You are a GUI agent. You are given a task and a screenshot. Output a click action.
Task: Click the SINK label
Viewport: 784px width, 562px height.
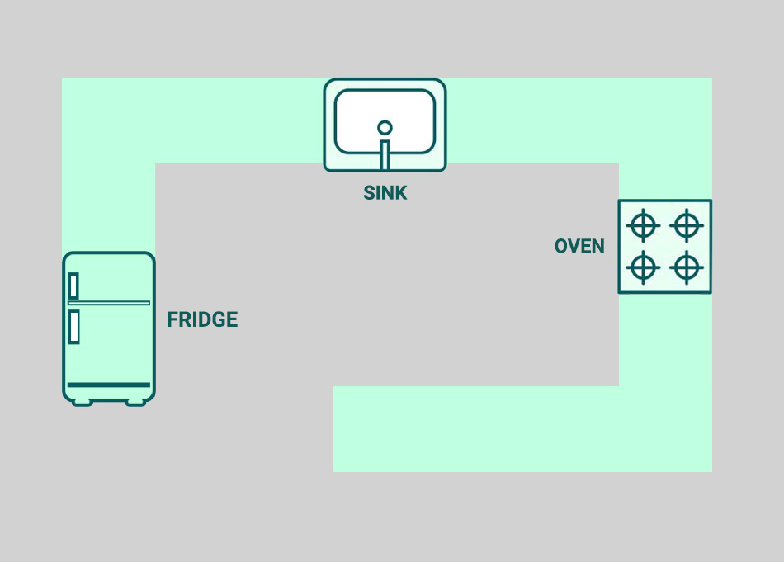point(385,193)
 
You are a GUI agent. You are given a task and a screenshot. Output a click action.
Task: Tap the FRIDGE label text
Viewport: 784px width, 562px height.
point(202,320)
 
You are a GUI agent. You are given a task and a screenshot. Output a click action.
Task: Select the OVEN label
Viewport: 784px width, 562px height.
point(579,246)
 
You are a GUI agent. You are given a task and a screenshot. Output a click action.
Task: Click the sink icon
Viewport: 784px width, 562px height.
point(385,125)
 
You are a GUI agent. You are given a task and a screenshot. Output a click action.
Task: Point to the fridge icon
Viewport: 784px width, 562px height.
point(109,328)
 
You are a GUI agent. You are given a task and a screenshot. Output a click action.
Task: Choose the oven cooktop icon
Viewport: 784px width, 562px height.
point(665,246)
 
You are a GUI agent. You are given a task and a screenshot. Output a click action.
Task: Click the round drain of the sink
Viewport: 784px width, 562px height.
point(385,127)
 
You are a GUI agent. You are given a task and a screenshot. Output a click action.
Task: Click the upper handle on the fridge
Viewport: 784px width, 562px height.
point(74,286)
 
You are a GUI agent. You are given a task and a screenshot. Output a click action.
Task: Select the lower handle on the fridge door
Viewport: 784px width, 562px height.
point(74,327)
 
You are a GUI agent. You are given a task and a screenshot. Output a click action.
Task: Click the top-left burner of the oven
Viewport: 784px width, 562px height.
point(644,224)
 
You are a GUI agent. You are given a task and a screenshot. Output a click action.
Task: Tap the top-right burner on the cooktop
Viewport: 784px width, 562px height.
point(687,224)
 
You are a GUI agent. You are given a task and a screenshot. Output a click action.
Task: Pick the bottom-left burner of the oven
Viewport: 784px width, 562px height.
point(644,267)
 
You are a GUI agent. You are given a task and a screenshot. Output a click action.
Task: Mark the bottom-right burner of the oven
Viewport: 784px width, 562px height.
point(687,267)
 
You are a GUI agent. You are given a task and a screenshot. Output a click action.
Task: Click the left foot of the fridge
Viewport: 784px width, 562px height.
point(82,402)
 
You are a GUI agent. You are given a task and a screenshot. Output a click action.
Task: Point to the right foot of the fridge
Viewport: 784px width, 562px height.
point(135,402)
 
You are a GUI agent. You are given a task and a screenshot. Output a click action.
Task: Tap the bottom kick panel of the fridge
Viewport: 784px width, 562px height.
point(109,392)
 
